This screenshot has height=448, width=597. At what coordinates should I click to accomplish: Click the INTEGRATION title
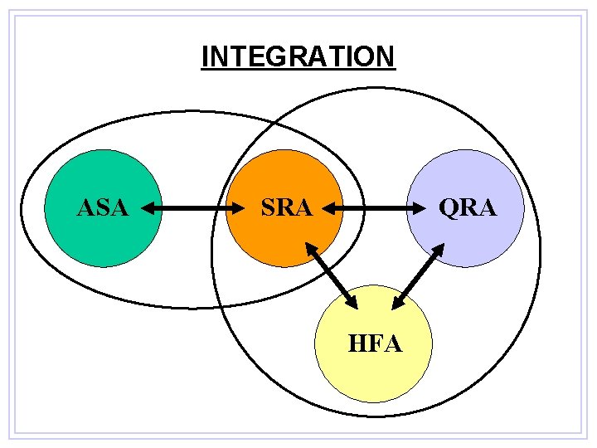[x=298, y=56]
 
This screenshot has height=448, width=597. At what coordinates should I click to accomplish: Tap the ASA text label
[x=102, y=207]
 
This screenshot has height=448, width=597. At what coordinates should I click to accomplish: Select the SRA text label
[x=286, y=207]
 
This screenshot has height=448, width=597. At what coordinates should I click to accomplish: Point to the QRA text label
[x=468, y=207]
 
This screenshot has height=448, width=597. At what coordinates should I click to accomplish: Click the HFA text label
[x=376, y=343]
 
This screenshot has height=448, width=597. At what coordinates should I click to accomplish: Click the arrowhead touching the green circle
[x=148, y=209]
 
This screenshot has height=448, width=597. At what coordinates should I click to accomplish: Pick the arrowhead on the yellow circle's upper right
[x=398, y=304]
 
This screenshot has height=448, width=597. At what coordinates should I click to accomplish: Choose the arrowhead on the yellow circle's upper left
[x=352, y=304]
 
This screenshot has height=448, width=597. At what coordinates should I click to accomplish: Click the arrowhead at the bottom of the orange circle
[x=309, y=247]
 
